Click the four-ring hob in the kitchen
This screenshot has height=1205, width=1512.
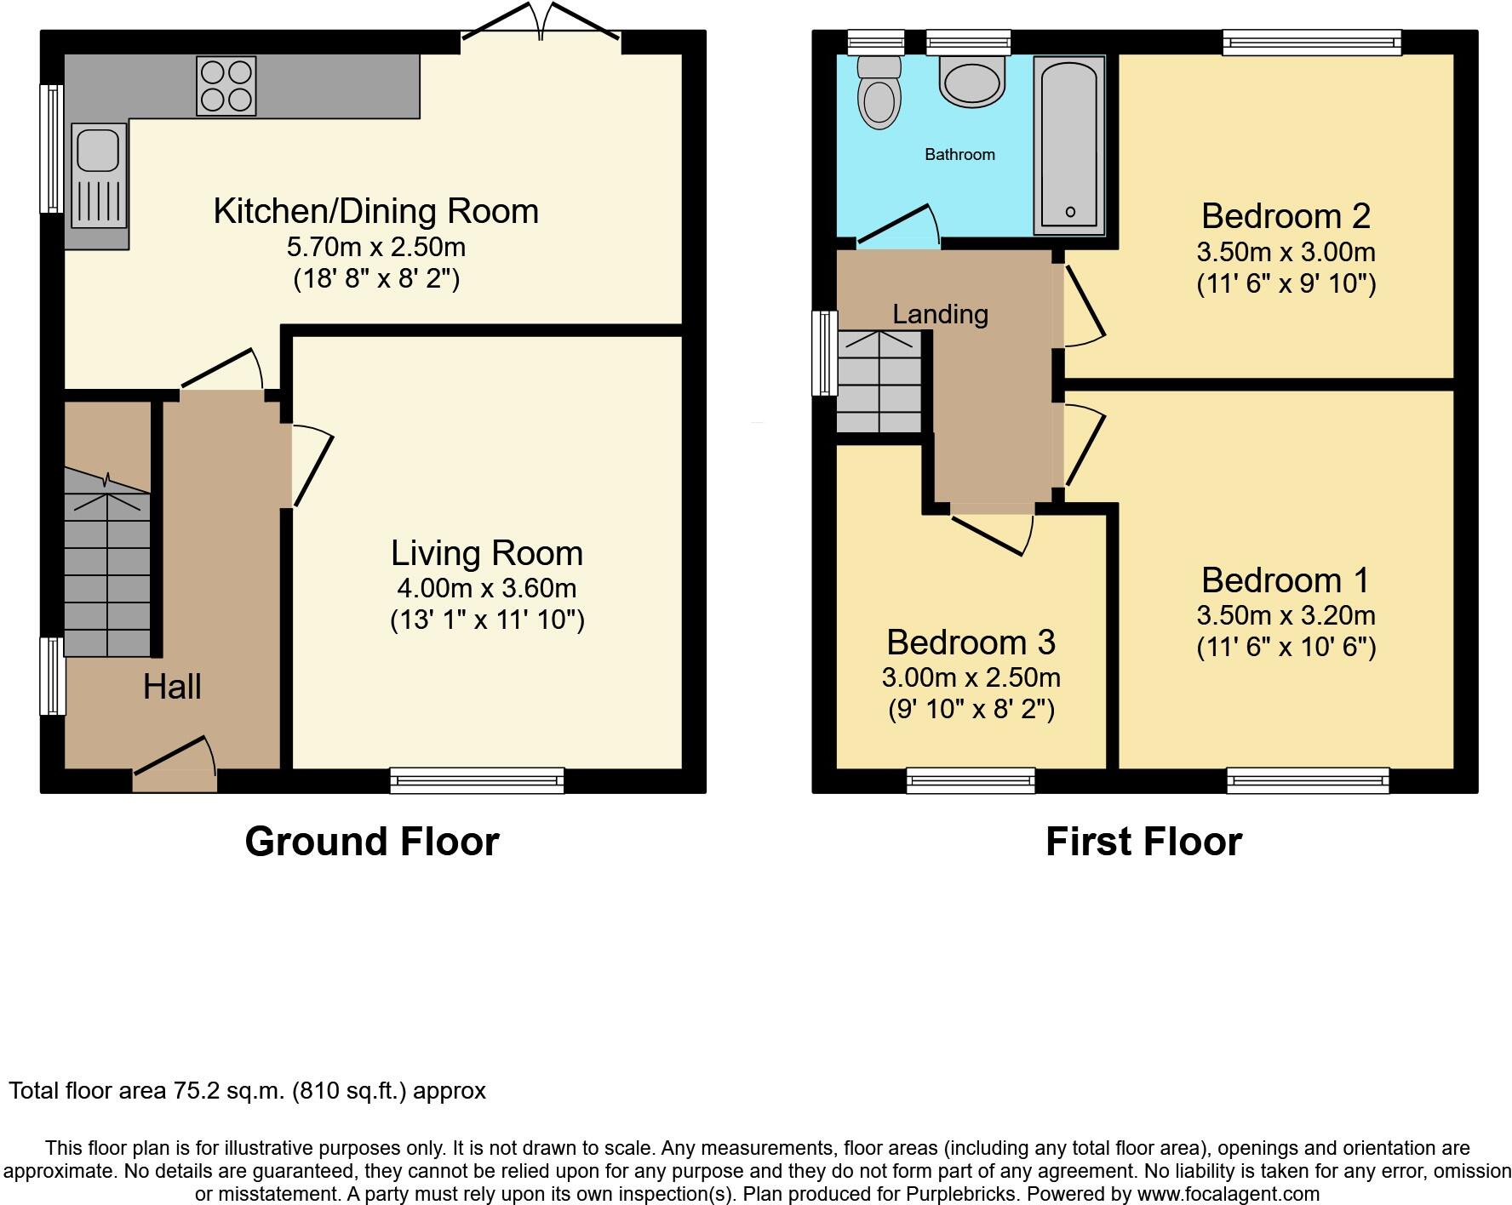[226, 85]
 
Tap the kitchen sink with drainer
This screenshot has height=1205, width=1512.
[99, 176]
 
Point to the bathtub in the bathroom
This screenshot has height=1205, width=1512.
[1069, 145]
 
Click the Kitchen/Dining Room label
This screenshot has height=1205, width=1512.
[375, 211]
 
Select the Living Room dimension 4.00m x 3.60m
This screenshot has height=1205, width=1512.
[486, 588]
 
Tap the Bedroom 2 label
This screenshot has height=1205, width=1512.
[1286, 216]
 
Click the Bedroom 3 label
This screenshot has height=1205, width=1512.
[971, 642]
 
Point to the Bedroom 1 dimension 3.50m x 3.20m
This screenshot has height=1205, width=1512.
[1286, 615]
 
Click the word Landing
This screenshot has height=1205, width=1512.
[940, 314]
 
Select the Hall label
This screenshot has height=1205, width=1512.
[172, 687]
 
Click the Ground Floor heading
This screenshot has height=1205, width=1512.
[371, 842]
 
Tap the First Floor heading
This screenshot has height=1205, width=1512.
[1143, 842]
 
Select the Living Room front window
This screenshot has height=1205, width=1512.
[477, 780]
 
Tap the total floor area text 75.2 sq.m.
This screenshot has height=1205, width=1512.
[247, 1091]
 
